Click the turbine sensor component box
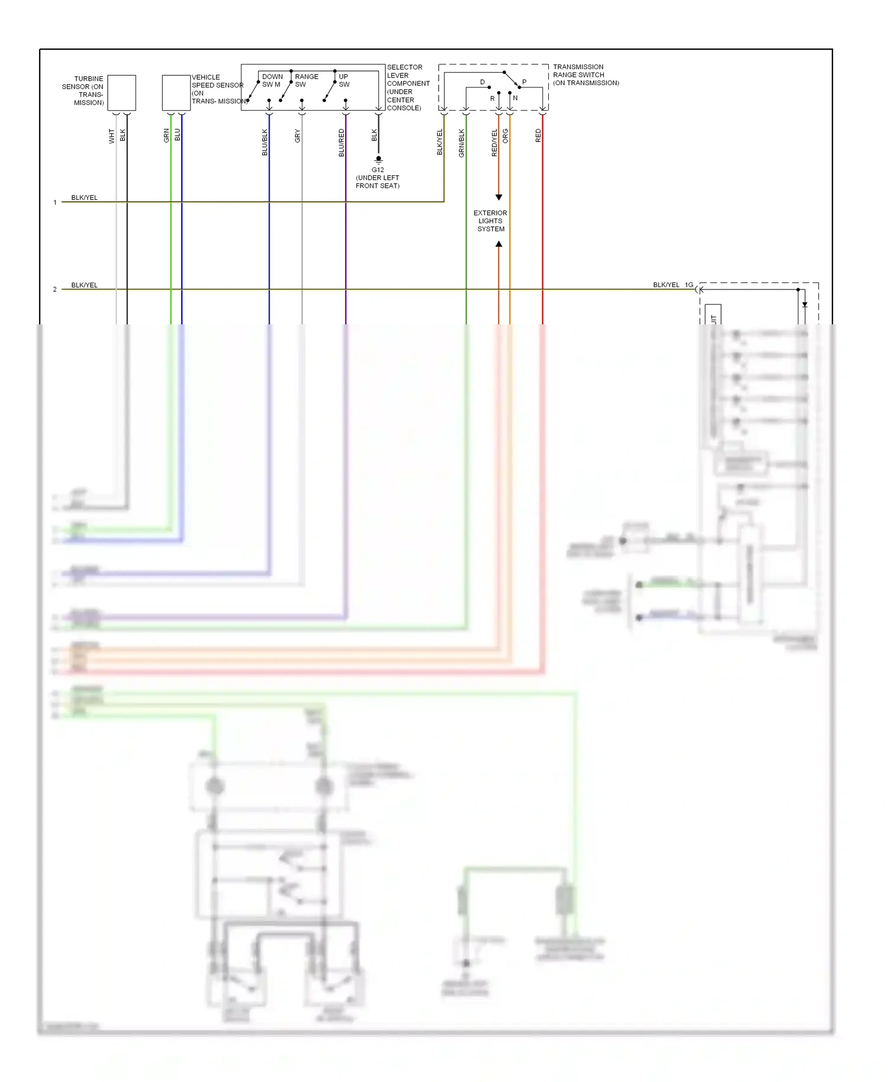tap(121, 92)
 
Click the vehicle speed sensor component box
tap(176, 92)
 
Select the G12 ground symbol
tap(379, 159)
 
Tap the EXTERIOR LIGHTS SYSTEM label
tap(490, 221)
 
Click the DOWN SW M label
tap(272, 80)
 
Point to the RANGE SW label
tap(306, 80)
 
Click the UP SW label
tap(344, 80)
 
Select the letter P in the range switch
tap(524, 82)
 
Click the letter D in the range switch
tap(482, 82)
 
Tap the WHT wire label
tap(111, 136)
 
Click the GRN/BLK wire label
tap(461, 143)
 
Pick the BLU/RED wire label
tap(341, 143)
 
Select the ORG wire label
tap(505, 136)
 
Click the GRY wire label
tap(297, 136)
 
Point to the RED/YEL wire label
tap(494, 143)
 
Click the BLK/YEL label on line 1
tap(84, 198)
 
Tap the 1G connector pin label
tap(689, 285)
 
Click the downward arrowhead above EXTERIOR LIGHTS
tap(498, 197)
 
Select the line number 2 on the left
tap(55, 289)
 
